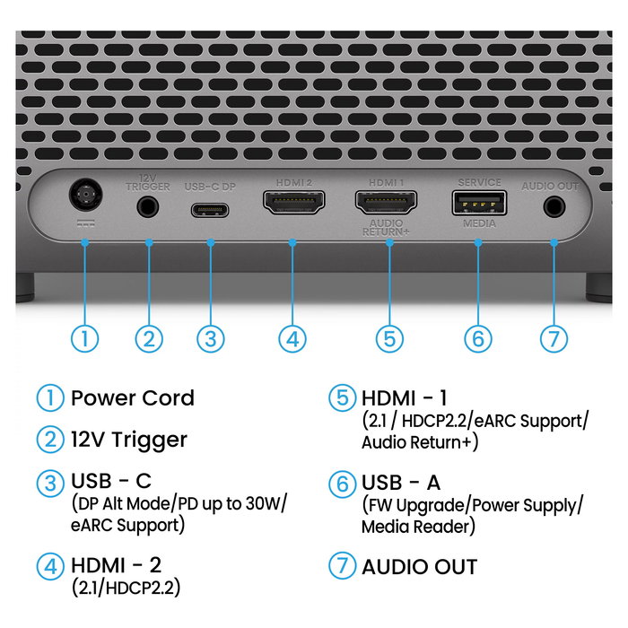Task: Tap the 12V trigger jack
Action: pos(149,205)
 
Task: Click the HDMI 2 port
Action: pos(292,203)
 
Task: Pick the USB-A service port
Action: pos(479,202)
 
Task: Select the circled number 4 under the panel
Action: pos(292,338)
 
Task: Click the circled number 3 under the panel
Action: pos(210,338)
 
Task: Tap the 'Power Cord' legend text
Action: pos(132,397)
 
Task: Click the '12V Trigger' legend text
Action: pos(128,440)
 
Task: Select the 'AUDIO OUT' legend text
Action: pos(419,567)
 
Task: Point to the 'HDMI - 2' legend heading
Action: pos(117,566)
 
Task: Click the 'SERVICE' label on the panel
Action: pos(479,182)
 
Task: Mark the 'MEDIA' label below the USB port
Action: pos(479,224)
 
